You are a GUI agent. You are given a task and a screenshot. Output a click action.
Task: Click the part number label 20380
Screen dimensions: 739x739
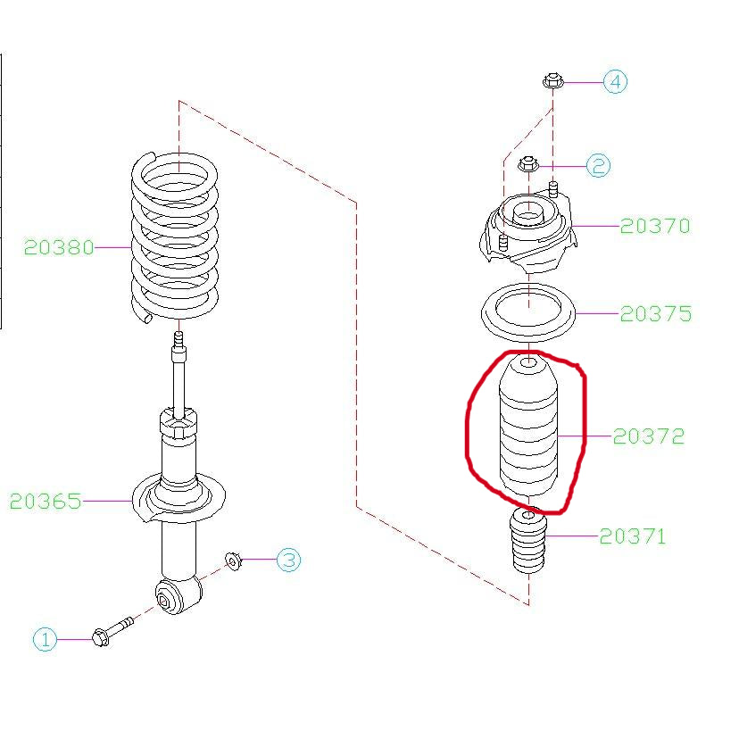pyautogui.click(x=59, y=247)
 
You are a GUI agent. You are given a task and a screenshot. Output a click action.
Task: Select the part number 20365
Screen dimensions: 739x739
pyautogui.click(x=46, y=501)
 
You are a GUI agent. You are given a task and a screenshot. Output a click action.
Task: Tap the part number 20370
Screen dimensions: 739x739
pyautogui.click(x=655, y=226)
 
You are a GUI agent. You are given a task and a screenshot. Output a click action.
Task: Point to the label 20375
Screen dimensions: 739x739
pyautogui.click(x=656, y=314)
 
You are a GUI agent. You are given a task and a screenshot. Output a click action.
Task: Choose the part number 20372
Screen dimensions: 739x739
pyautogui.click(x=649, y=436)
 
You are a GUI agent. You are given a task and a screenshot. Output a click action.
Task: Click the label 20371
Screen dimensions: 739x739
pyautogui.click(x=633, y=536)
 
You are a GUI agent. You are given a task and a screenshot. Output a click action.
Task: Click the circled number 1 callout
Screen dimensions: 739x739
pyautogui.click(x=46, y=640)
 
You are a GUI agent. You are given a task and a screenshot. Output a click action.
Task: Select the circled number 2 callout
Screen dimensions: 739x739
pyautogui.click(x=599, y=166)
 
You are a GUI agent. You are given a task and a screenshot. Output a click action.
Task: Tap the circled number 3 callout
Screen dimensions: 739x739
pyautogui.click(x=288, y=560)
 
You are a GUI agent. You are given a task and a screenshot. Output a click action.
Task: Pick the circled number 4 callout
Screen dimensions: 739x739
pyautogui.click(x=616, y=82)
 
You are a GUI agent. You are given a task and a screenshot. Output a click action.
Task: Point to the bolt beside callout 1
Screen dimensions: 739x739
pyautogui.click(x=112, y=632)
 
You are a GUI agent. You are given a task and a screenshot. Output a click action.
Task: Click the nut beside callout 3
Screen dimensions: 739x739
pyautogui.click(x=233, y=560)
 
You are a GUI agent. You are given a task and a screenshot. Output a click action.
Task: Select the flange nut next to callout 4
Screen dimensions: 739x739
pyautogui.click(x=552, y=81)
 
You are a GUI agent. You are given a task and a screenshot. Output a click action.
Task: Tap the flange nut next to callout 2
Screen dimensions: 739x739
pyautogui.click(x=528, y=164)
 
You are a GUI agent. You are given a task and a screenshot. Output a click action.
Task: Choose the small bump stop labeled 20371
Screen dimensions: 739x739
pyautogui.click(x=528, y=540)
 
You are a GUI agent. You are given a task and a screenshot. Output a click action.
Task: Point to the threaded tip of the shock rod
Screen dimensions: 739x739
pyautogui.click(x=179, y=339)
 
